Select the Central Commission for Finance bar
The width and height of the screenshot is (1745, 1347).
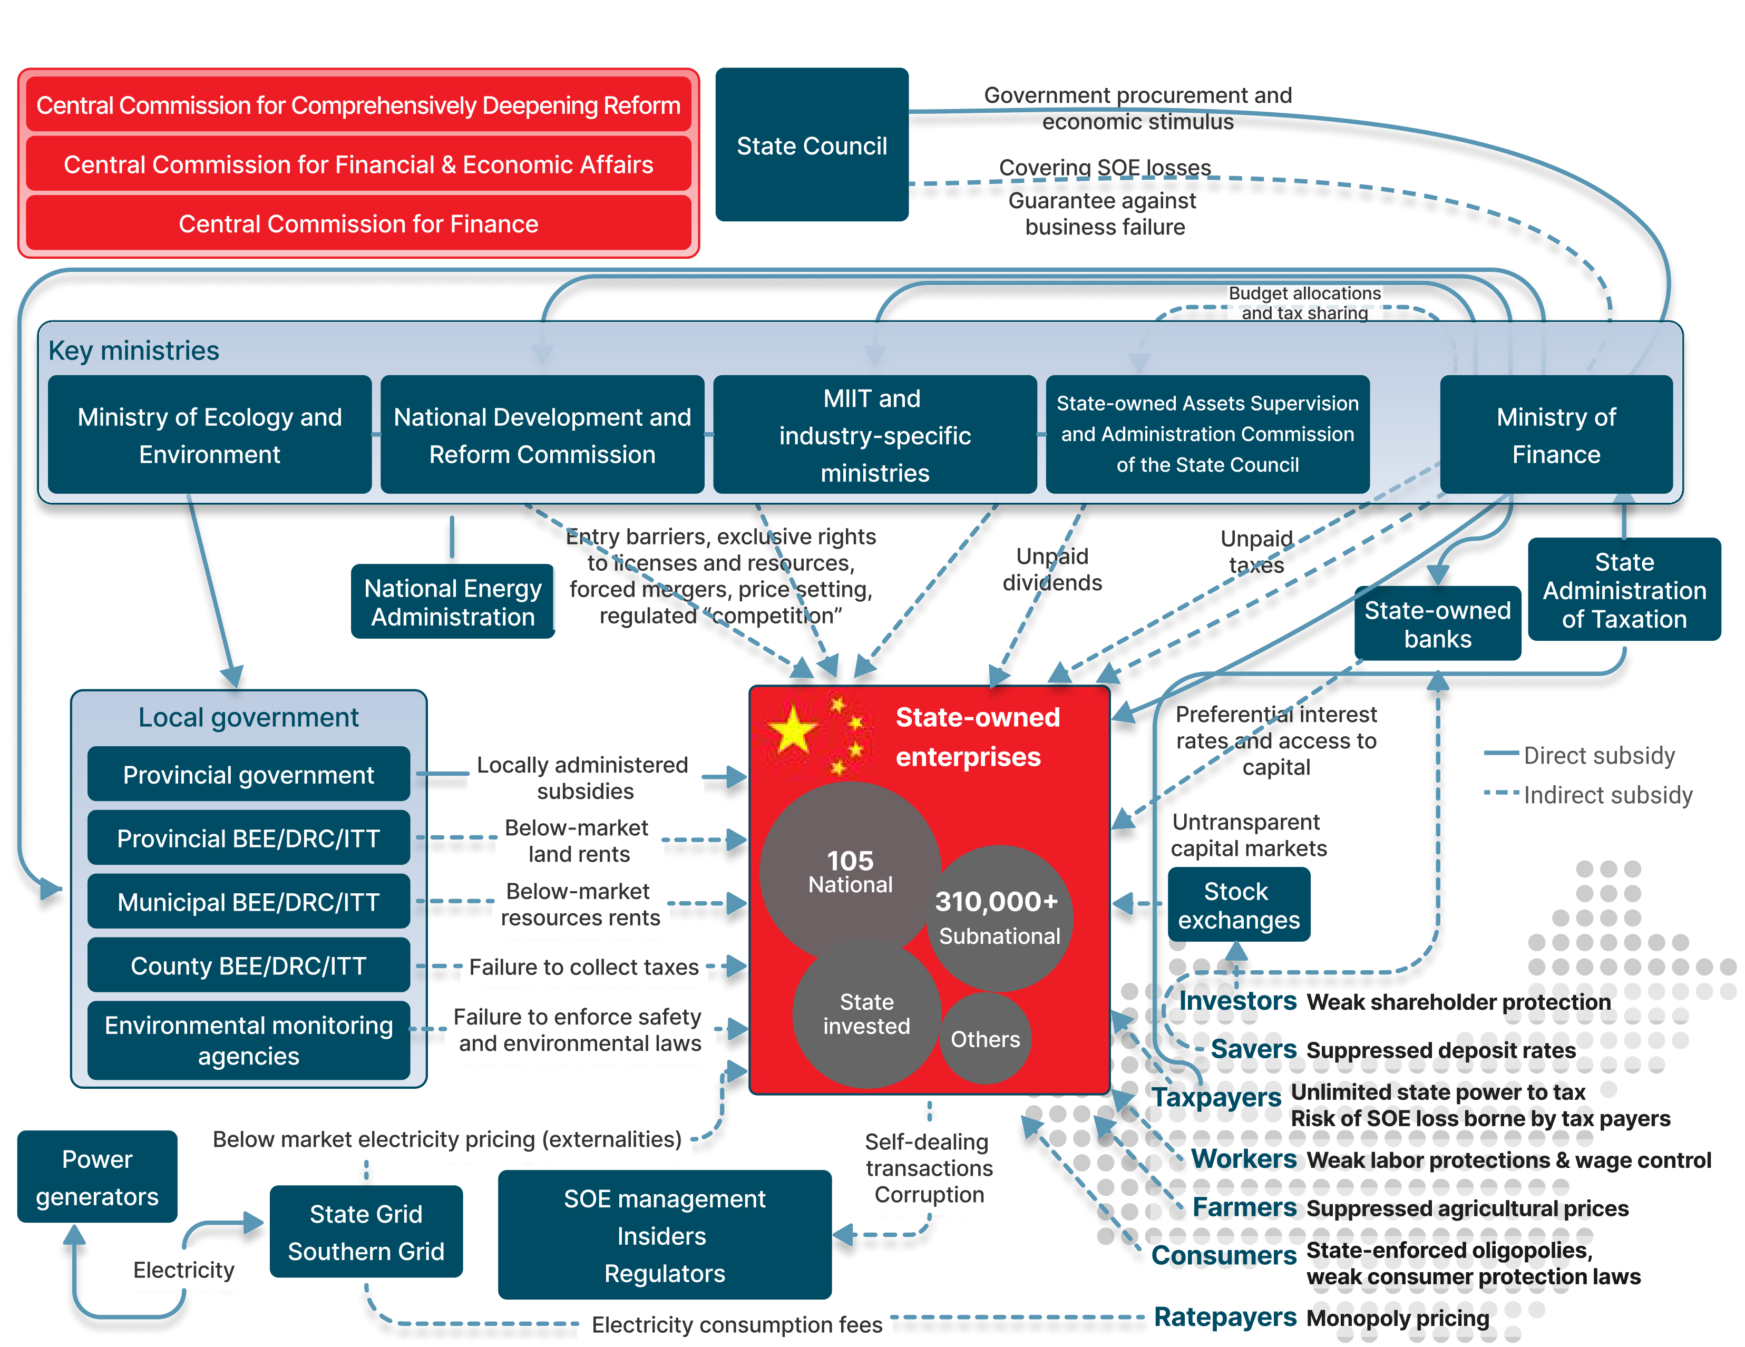pyautogui.click(x=358, y=223)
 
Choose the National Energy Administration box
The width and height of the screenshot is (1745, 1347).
pyautogui.click(x=452, y=602)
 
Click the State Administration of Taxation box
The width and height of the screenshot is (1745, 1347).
pyautogui.click(x=1624, y=590)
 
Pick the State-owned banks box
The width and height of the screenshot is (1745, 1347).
pyautogui.click(x=1437, y=624)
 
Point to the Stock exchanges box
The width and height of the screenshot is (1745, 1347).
pyautogui.click(x=1239, y=905)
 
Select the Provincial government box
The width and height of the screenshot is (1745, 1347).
pyautogui.click(x=248, y=774)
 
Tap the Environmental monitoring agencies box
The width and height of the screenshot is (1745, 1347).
pyautogui.click(x=248, y=1040)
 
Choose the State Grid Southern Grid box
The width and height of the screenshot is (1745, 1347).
pyautogui.click(x=366, y=1232)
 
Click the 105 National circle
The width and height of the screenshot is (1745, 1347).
pyautogui.click(x=850, y=871)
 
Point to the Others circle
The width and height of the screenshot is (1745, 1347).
pyautogui.click(x=985, y=1039)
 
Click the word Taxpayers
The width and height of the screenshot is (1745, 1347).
pyautogui.click(x=1215, y=1097)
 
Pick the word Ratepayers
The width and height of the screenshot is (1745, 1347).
pyautogui.click(x=1225, y=1316)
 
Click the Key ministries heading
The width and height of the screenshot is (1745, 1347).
pyautogui.click(x=133, y=351)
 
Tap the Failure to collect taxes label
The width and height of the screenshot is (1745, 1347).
pyautogui.click(x=583, y=967)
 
